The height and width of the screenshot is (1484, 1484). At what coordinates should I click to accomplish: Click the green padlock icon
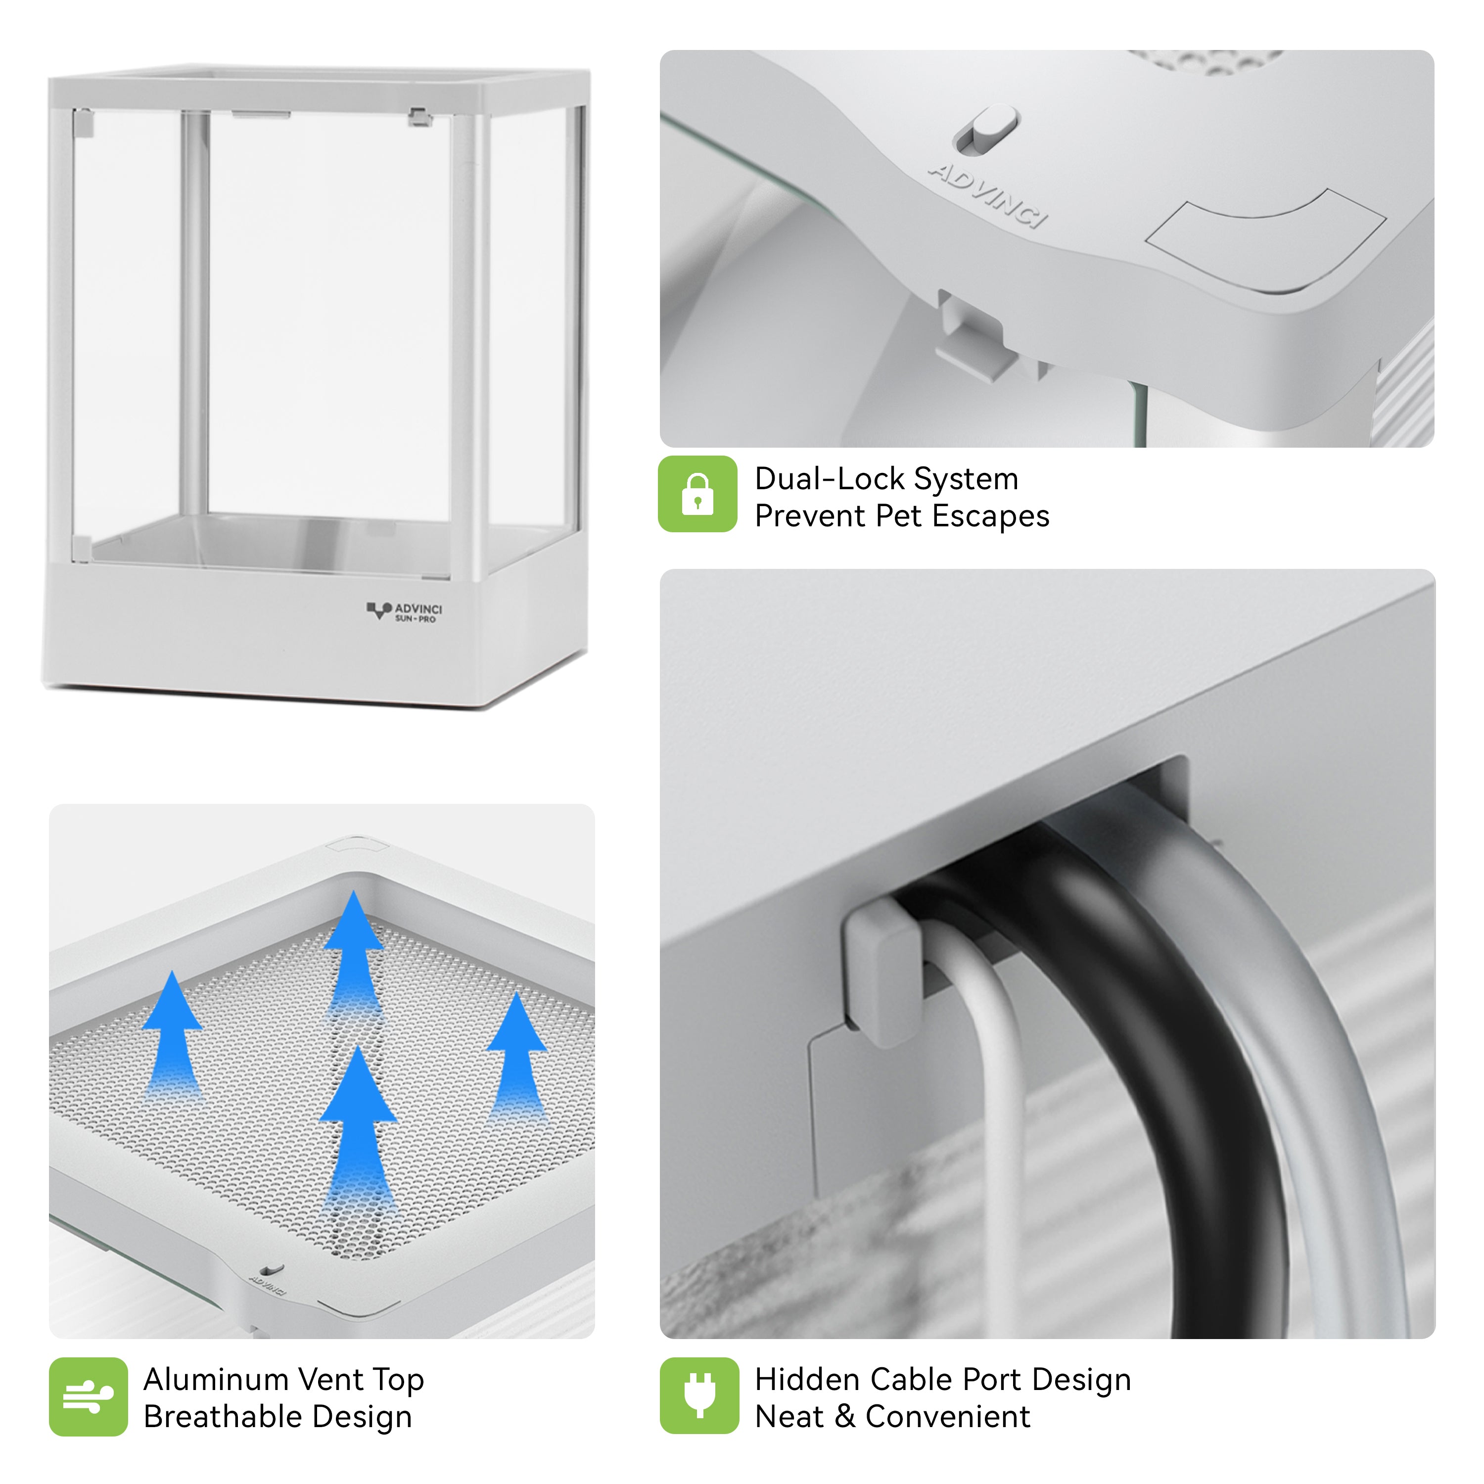[697, 494]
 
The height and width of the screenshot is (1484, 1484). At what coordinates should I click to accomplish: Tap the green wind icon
[89, 1396]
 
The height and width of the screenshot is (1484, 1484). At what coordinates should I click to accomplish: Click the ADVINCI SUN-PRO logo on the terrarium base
[404, 612]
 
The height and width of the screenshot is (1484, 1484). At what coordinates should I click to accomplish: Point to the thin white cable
[999, 1114]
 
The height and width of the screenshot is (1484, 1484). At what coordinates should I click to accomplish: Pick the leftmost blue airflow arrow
[173, 1037]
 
